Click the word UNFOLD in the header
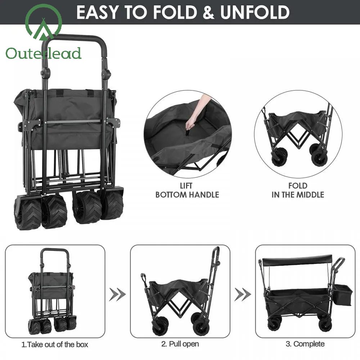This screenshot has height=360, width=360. (x=255, y=12)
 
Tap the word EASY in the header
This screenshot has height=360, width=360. (x=97, y=12)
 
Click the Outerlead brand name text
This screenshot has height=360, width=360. (x=44, y=54)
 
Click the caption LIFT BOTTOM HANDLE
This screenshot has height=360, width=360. (x=187, y=190)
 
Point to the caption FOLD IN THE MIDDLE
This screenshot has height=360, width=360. (x=298, y=190)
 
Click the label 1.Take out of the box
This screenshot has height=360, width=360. (x=55, y=345)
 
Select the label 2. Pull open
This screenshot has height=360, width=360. (x=180, y=344)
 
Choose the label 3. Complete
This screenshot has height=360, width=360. (x=305, y=344)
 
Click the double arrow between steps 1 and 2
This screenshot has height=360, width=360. (x=117, y=294)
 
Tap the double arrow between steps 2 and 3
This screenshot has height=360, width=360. (x=243, y=294)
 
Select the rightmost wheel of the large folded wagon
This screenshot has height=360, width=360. (x=112, y=204)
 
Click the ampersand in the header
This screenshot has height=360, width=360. (x=208, y=12)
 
